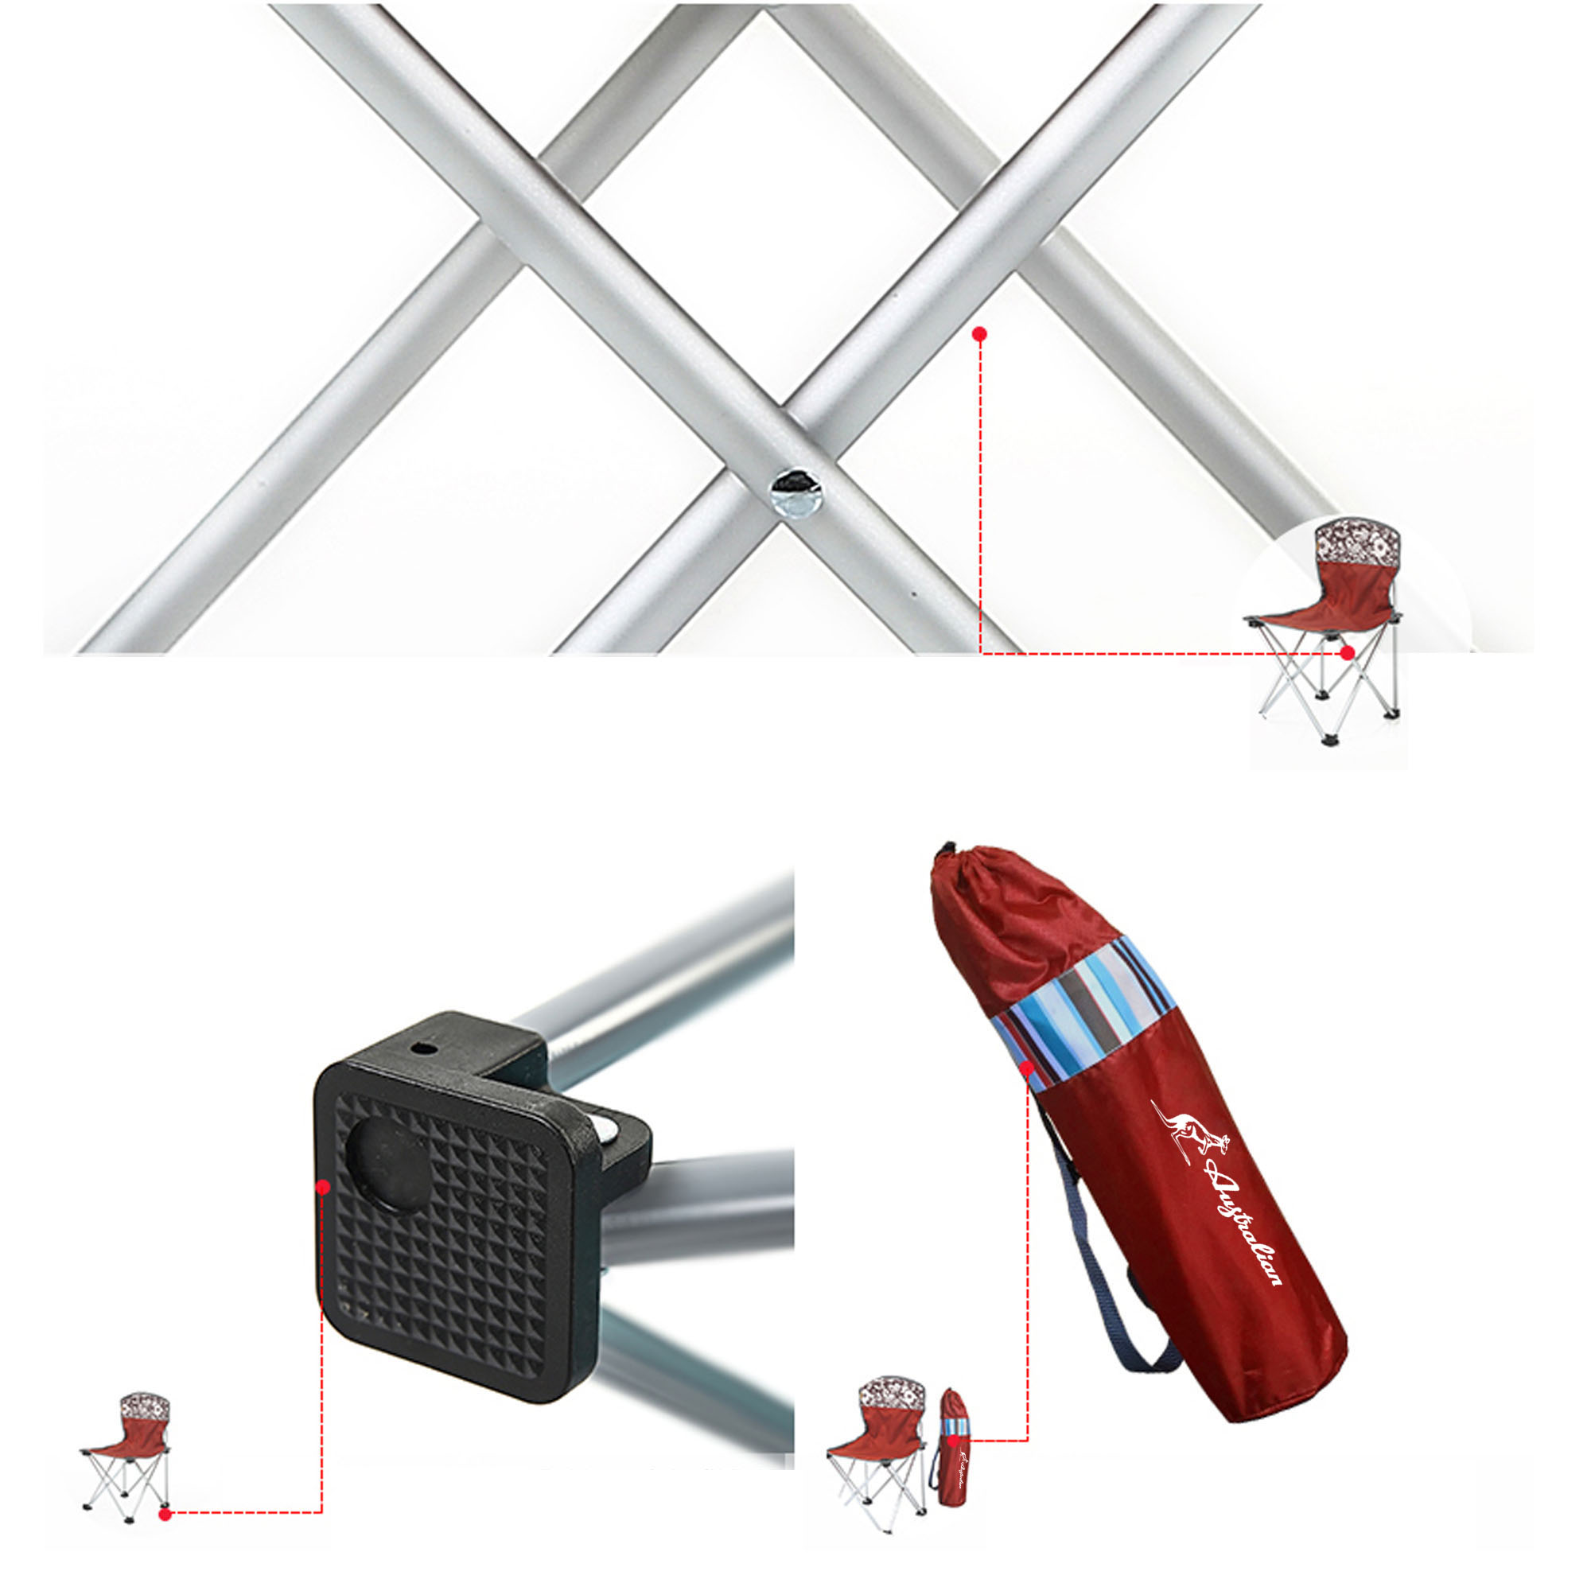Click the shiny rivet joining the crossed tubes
coord(792,495)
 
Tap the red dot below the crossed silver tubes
coord(979,334)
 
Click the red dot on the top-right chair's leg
coord(1348,652)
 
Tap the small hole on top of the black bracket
coord(422,1049)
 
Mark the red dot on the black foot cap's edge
coord(323,1187)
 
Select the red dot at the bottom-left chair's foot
coord(165,1513)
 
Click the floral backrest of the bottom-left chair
coord(145,1406)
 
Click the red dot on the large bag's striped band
coord(1027,1068)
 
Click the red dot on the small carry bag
coord(953,1441)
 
